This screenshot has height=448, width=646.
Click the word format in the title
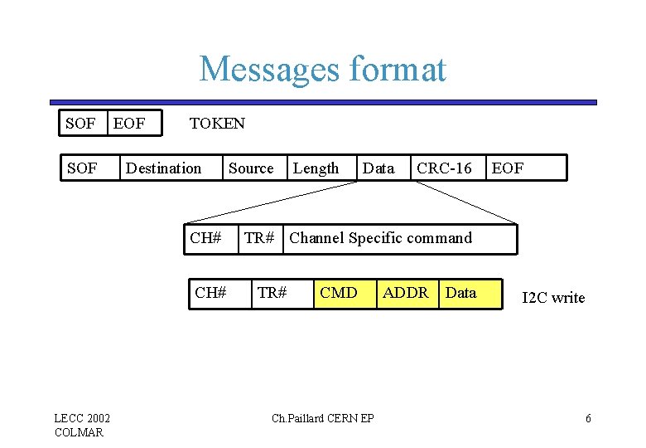[397, 70]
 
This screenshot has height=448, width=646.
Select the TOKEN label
[217, 124]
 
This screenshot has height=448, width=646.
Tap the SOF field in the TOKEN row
[80, 124]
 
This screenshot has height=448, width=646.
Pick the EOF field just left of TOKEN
[129, 124]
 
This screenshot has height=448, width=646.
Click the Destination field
[163, 168]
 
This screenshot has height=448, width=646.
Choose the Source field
[251, 168]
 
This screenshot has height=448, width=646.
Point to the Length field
[316, 168]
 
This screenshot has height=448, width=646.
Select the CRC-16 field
[444, 168]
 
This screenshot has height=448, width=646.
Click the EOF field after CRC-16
[508, 168]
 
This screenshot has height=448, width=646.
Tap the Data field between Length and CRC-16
[378, 168]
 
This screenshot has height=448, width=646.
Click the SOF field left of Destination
[80, 168]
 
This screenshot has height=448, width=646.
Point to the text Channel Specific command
[380, 238]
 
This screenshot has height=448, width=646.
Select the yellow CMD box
[339, 293]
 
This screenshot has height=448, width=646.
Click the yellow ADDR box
[406, 293]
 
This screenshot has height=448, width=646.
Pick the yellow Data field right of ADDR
[462, 293]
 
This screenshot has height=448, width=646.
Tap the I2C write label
[553, 298]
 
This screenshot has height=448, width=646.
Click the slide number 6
[588, 418]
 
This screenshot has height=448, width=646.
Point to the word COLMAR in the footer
[79, 432]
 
